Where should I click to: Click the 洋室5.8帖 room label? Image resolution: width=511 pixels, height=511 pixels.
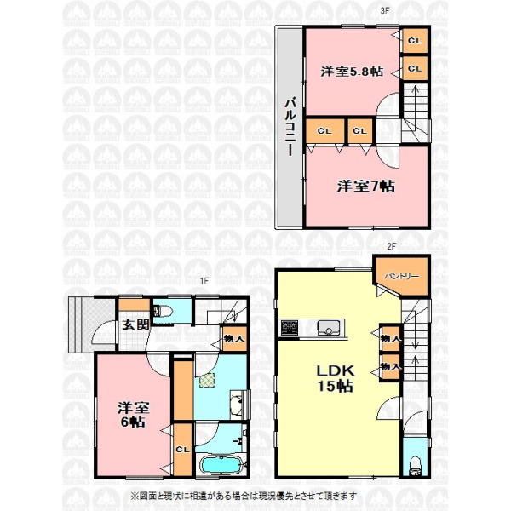352,72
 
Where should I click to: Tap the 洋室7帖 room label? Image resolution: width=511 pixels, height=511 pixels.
365,187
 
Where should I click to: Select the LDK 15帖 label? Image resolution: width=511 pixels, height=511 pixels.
336,378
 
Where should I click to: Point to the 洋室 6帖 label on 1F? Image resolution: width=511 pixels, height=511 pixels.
134,415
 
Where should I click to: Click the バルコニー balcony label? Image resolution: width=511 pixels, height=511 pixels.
290,126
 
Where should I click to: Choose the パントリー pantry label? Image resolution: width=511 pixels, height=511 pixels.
401,276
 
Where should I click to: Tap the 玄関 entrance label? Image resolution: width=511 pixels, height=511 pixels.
136,324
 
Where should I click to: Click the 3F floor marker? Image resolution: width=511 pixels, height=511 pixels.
385,10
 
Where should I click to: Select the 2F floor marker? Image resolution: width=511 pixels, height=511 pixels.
392,246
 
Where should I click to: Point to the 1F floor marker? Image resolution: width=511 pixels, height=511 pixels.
204,281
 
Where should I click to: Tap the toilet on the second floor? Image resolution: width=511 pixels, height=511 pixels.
416,465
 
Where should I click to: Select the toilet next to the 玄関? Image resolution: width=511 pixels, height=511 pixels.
163,311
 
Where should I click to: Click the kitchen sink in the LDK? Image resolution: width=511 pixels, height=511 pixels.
329,328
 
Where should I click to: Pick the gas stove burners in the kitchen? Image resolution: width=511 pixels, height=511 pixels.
290,328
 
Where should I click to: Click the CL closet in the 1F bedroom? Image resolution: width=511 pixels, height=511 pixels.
182,450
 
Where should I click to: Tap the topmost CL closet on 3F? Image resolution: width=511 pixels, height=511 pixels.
415,41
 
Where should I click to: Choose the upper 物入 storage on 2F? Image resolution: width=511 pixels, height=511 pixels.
390,338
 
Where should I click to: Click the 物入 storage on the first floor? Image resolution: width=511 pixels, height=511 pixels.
234,339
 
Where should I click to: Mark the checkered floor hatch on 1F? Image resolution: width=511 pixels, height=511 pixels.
207,381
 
